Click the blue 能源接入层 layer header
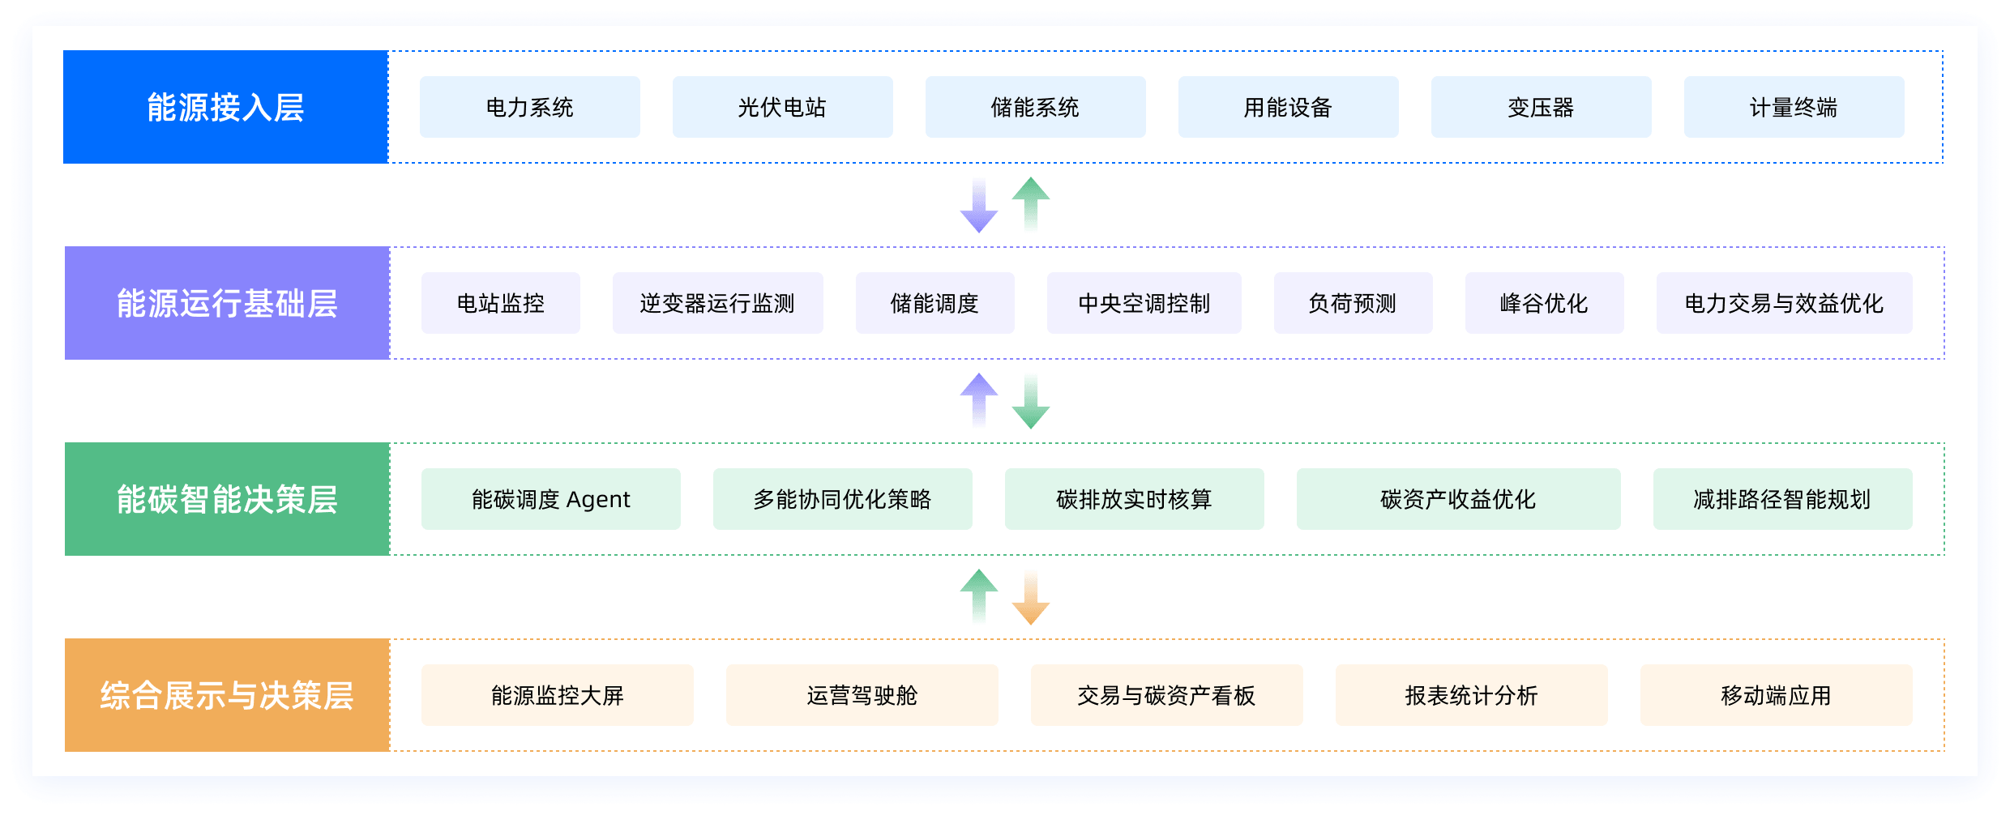click(x=225, y=107)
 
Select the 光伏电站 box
click(x=782, y=107)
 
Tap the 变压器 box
click(x=1541, y=107)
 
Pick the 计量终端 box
click(x=1794, y=107)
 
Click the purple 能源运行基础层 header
click(x=227, y=303)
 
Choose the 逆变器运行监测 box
click(x=717, y=303)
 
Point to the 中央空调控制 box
click(x=1144, y=303)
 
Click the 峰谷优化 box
click(x=1544, y=303)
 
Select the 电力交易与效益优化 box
click(x=1784, y=303)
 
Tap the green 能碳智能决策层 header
click(x=227, y=499)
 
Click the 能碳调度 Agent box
click(x=550, y=499)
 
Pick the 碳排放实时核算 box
click(x=1134, y=499)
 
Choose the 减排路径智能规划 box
click(x=1782, y=499)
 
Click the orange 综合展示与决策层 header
click(x=227, y=695)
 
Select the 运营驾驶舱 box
click(x=862, y=695)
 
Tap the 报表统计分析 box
click(x=1471, y=695)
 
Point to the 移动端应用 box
click(x=1776, y=695)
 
